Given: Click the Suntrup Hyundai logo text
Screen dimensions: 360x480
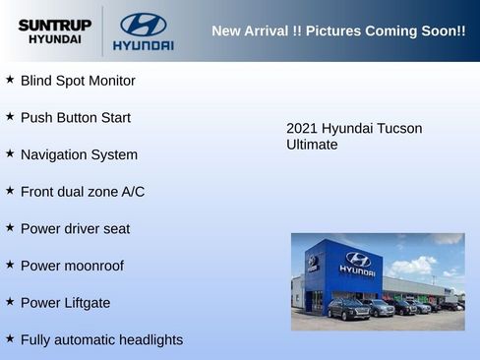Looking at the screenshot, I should point(54,30).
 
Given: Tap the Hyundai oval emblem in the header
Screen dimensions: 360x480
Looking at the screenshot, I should point(143,25).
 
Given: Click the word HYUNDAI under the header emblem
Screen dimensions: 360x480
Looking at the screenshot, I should point(143,45).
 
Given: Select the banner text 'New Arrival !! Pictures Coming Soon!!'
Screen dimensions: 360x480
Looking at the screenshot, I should point(338,31).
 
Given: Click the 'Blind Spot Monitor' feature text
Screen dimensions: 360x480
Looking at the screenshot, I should point(78,81).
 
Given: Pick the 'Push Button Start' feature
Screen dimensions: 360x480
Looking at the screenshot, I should point(76,118).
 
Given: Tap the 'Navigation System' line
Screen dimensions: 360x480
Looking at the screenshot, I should point(79,154).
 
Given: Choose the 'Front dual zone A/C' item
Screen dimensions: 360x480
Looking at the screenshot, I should point(83,192).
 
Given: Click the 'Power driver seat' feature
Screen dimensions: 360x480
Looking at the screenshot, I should point(75,229).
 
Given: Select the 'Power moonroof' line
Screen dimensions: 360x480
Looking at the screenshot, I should point(72,266).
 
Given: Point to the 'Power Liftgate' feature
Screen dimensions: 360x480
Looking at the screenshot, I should point(65,303).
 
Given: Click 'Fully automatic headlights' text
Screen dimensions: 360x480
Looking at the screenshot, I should point(101,340).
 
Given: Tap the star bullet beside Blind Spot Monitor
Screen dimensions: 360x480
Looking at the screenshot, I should point(10,79).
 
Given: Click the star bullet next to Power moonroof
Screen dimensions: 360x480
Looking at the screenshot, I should point(10,264).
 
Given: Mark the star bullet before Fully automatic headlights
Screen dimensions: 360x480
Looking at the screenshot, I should point(10,338).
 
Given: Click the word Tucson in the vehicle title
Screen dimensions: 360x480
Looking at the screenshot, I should point(399,128).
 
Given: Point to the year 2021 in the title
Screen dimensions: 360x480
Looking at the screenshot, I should point(301,128).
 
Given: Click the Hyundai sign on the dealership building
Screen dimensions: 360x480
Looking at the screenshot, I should point(357,263).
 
